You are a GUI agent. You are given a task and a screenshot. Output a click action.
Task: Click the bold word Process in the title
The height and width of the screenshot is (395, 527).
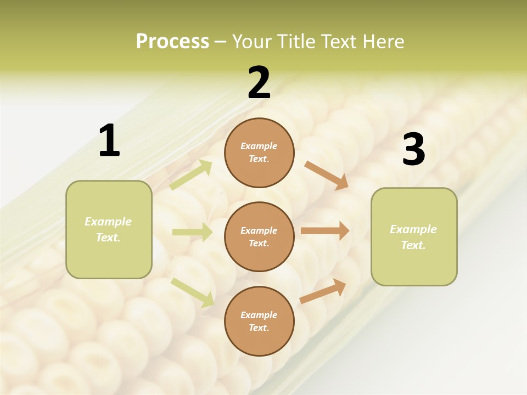click(x=172, y=42)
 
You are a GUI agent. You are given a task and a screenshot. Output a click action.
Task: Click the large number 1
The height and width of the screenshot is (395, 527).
click(x=109, y=141)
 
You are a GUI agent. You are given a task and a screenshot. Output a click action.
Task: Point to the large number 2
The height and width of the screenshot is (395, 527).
click(x=259, y=83)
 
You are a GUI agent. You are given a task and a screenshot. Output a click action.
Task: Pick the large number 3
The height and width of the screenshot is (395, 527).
click(x=413, y=150)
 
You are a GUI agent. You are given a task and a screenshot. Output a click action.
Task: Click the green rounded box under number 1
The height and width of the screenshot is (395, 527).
click(x=109, y=229)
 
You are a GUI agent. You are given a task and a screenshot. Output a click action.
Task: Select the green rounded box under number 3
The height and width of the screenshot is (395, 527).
click(x=414, y=237)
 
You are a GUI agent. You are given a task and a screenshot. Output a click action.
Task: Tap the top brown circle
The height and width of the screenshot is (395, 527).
click(x=259, y=153)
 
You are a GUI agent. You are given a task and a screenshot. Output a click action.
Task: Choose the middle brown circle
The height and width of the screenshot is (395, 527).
click(x=259, y=237)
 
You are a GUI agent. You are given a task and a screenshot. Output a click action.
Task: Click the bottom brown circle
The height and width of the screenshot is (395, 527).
click(x=259, y=321)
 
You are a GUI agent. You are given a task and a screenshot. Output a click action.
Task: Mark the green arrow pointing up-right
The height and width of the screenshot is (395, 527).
click(x=191, y=174)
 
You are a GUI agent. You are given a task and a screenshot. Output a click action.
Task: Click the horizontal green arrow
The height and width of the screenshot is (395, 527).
click(x=192, y=232)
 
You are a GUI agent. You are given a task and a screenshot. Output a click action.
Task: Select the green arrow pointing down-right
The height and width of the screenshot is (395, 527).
click(x=192, y=292)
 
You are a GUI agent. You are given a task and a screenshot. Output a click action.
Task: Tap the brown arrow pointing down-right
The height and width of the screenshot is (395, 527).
click(x=327, y=175)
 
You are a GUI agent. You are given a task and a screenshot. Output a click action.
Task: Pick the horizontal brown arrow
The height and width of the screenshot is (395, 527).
click(x=325, y=231)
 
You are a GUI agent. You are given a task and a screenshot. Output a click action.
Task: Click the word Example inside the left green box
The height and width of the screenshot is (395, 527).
click(x=108, y=222)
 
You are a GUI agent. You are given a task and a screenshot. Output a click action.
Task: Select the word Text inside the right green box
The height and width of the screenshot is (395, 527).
click(x=413, y=245)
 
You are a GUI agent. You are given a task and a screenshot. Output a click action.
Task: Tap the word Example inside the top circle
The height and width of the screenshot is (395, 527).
click(x=259, y=146)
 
